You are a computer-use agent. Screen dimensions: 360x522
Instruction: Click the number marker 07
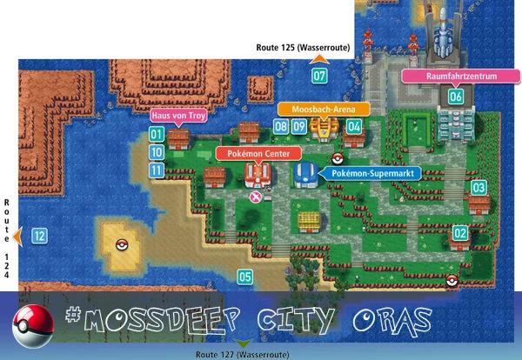[320, 76]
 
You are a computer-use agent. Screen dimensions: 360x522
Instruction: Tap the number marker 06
[456, 97]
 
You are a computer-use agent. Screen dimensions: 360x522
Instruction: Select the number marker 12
[39, 236]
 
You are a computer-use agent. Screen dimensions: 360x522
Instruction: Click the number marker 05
[245, 277]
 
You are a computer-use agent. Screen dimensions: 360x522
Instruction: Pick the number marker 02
[460, 233]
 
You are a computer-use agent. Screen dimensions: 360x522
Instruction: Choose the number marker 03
[478, 188]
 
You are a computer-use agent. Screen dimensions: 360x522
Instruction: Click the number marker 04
[353, 127]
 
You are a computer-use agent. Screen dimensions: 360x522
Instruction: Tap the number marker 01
[157, 134]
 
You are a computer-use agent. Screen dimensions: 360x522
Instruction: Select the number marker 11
[157, 170]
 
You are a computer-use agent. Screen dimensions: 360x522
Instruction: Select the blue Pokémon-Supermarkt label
[375, 174]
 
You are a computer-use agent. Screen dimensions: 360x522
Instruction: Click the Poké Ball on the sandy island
[122, 243]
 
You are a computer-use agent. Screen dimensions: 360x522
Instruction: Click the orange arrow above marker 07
[319, 58]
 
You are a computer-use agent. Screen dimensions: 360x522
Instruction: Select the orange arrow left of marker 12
[17, 236]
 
